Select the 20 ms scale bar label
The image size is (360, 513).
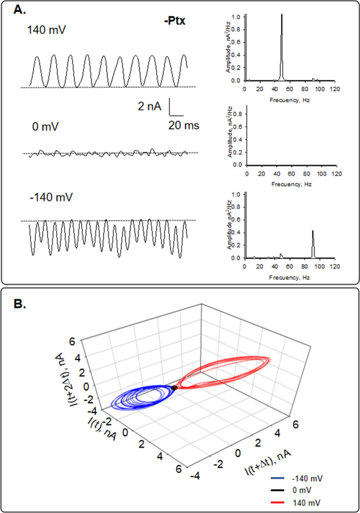coord(184,126)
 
